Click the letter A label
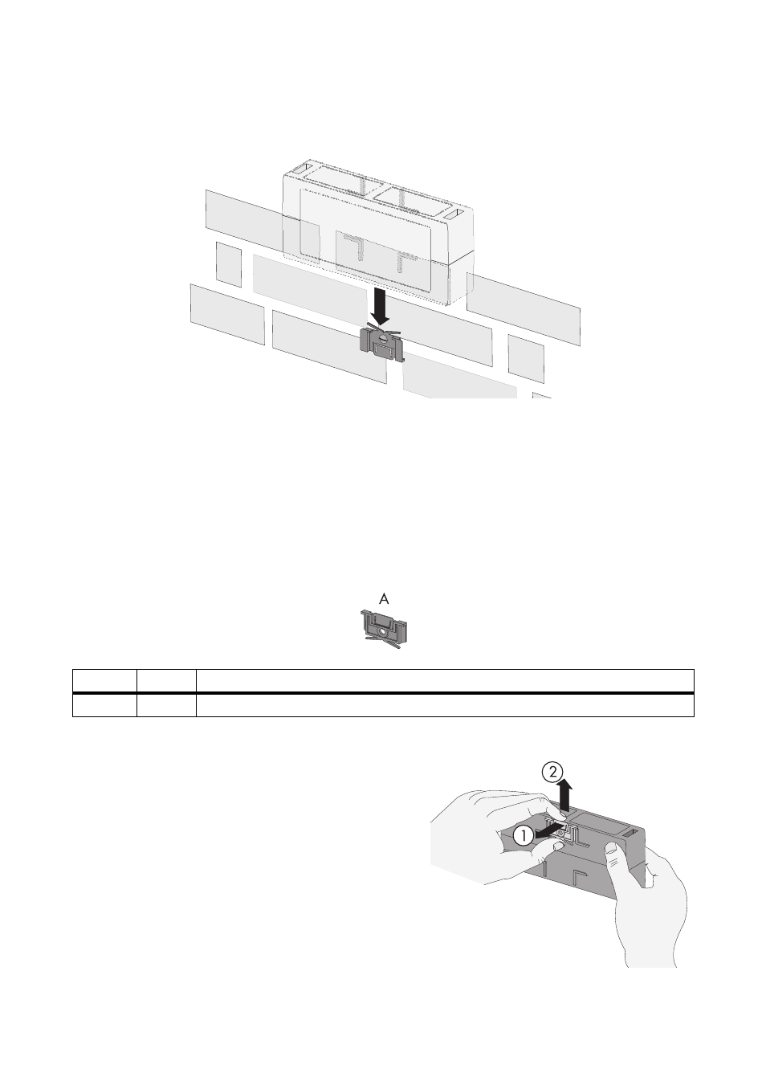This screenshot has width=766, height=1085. [384, 599]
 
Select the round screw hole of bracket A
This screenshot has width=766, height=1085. [384, 631]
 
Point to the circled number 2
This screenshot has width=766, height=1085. [552, 772]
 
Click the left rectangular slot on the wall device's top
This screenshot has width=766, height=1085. [304, 169]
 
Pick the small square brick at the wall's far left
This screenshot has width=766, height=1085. [229, 264]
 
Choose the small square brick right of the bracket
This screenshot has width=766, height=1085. [526, 358]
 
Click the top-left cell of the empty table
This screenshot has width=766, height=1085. [104, 680]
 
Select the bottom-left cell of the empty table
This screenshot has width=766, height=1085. [104, 705]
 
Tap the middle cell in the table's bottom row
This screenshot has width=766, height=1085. [166, 705]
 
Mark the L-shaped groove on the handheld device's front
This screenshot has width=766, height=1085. [579, 875]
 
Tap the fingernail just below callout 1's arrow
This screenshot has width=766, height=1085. [556, 844]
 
